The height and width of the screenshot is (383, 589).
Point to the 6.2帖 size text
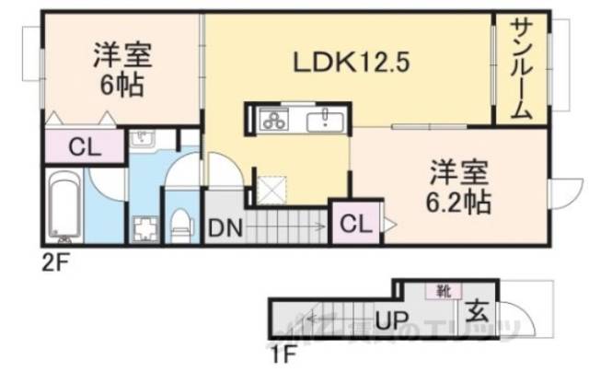(x=456, y=200)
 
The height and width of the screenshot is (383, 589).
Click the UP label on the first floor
(x=391, y=322)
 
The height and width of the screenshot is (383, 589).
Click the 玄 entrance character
(x=475, y=307)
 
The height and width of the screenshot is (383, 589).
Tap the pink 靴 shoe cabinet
(x=443, y=290)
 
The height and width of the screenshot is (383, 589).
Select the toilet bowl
(x=182, y=221)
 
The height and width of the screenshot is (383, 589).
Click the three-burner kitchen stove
(x=273, y=119)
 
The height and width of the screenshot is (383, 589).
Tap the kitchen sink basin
(x=325, y=120)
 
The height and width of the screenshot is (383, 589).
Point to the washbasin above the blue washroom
(x=144, y=139)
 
